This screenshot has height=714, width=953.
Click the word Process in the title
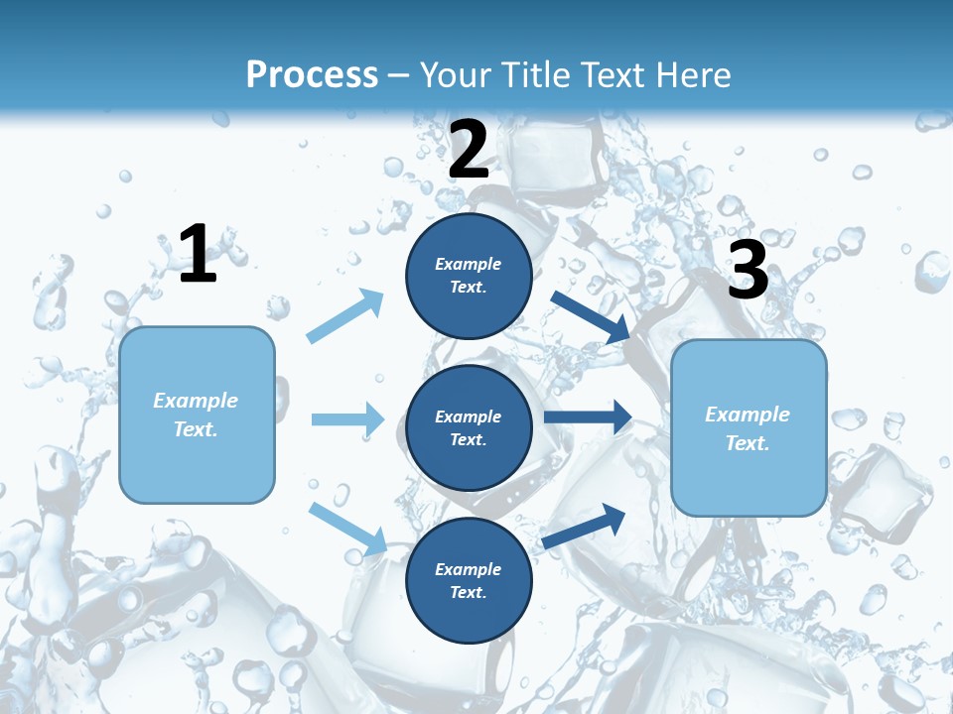312,75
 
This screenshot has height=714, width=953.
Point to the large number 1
198,255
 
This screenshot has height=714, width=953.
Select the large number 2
469,150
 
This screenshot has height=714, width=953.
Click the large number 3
748,271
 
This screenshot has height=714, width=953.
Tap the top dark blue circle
469,276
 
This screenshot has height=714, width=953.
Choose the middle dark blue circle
469,427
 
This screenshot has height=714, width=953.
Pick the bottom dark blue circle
469,580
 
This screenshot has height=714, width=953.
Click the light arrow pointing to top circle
345,316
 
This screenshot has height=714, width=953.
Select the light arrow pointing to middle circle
347,419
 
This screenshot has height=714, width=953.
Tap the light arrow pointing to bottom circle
347,528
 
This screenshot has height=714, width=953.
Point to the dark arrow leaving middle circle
588,416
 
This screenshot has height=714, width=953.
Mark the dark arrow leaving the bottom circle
584,527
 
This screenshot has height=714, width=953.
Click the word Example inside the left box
196,401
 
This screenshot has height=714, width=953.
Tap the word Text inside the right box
748,443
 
